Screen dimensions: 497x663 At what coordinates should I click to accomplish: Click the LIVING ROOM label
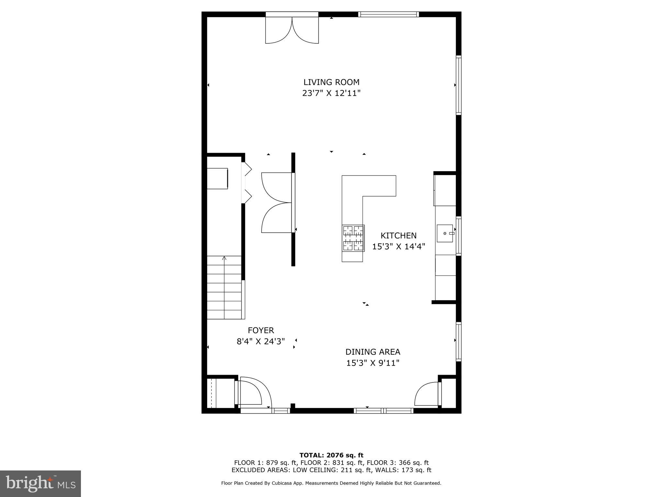pyautogui.click(x=331, y=82)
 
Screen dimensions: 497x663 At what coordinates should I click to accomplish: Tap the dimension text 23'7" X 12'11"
pyautogui.click(x=331, y=94)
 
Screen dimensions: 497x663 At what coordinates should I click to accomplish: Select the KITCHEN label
pyautogui.click(x=398, y=236)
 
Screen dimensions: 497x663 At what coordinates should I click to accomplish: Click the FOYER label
pyautogui.click(x=261, y=330)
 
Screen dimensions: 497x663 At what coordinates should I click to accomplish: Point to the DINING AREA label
pyautogui.click(x=373, y=352)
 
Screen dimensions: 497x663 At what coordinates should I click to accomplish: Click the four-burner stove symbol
pyautogui.click(x=353, y=238)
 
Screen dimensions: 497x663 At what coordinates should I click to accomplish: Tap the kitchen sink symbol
pyautogui.click(x=445, y=233)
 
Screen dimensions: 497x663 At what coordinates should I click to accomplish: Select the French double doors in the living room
pyautogui.click(x=292, y=31)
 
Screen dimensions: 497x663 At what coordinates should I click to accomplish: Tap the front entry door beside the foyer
pyautogui.click(x=253, y=393)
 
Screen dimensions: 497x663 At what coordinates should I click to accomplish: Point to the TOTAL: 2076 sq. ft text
pyautogui.click(x=331, y=455)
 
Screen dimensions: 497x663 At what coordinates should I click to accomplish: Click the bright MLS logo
pyautogui.click(x=40, y=483)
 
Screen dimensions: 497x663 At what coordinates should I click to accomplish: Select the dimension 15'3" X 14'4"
pyautogui.click(x=398, y=247)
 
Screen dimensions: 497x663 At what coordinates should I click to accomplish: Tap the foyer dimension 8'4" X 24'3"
pyautogui.click(x=261, y=342)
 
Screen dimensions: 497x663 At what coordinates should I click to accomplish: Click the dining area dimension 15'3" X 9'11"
pyautogui.click(x=373, y=363)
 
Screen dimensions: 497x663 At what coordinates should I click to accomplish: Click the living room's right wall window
pyautogui.click(x=458, y=85)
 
